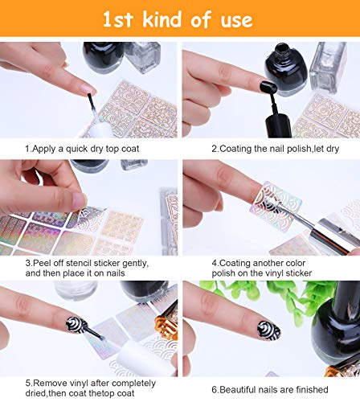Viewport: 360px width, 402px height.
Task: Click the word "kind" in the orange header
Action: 163,19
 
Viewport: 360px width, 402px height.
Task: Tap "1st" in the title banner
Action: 118,20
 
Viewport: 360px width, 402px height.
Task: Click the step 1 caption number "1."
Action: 28,149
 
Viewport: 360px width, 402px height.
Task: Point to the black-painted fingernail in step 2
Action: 268,87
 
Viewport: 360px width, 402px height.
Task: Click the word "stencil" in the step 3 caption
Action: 80,263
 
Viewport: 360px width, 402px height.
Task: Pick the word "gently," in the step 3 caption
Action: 135,264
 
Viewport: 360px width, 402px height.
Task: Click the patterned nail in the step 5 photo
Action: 76,325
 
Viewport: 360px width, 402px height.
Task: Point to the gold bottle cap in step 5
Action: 166,326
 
